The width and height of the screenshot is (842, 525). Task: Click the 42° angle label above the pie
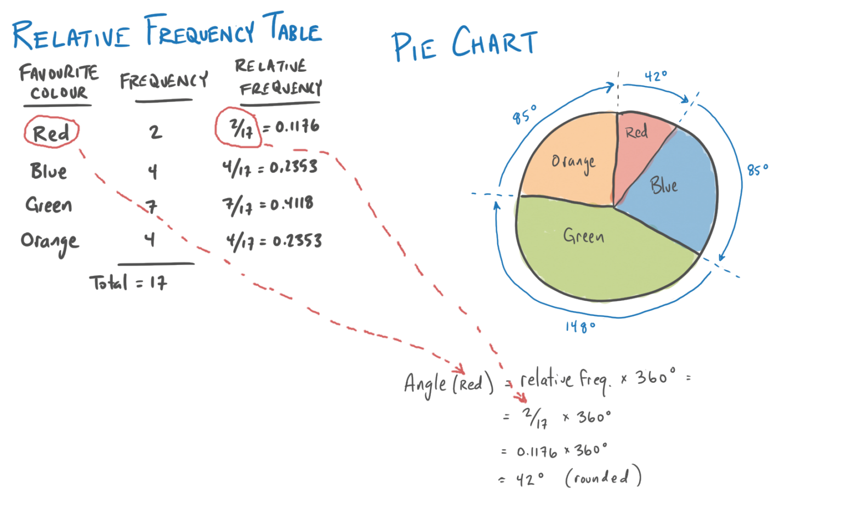pos(656,77)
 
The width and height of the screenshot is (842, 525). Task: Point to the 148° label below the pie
pos(581,327)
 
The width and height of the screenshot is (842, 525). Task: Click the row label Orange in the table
pos(50,241)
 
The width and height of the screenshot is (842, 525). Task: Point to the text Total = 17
pos(129,283)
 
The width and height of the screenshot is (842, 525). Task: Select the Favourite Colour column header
pos(59,82)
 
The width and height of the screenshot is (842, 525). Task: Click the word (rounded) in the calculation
pos(603,477)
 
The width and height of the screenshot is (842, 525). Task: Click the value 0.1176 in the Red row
pos(297,127)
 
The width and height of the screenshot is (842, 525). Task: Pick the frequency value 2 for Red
pos(156,132)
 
